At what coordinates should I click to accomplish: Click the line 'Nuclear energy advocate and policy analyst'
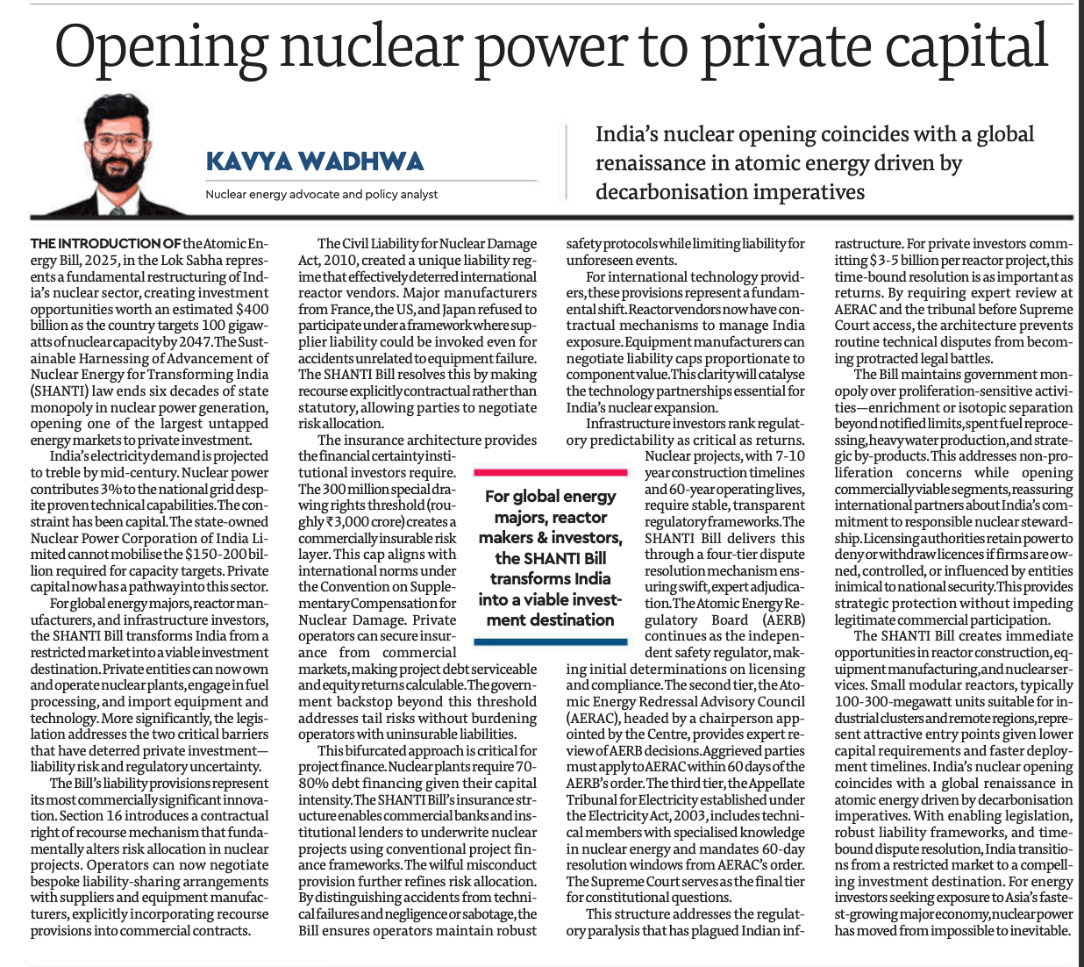[x=321, y=194]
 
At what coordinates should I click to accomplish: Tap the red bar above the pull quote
[x=550, y=472]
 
